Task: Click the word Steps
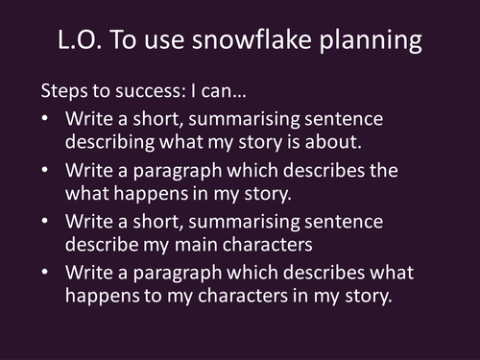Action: (x=62, y=93)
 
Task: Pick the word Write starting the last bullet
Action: (x=88, y=271)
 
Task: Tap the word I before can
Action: (x=194, y=93)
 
